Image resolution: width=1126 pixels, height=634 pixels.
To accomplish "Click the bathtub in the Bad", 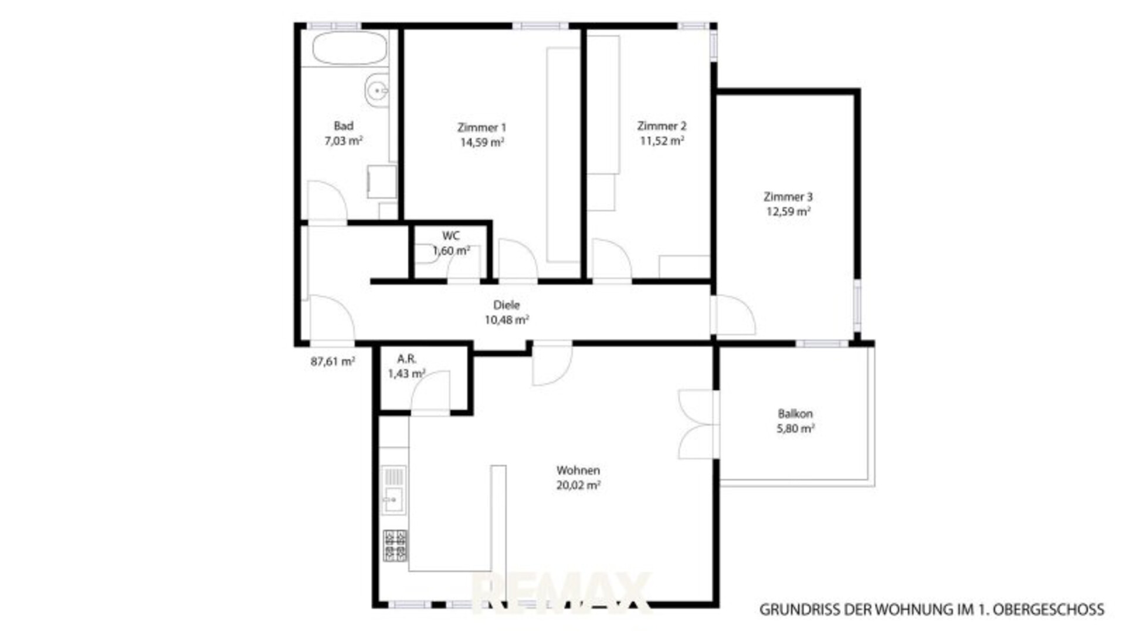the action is pyautogui.click(x=350, y=48).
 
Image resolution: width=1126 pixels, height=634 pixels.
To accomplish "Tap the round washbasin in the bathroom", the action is pyautogui.click(x=377, y=91).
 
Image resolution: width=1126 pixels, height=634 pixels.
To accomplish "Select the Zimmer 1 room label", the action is pyautogui.click(x=481, y=127).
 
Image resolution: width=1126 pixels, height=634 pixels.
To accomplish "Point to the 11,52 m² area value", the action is pyautogui.click(x=662, y=141).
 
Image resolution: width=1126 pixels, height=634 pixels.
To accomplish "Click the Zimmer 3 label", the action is pyautogui.click(x=788, y=197).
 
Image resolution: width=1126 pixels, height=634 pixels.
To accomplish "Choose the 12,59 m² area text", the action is pyautogui.click(x=788, y=211).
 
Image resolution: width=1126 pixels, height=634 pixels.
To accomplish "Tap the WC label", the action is pyautogui.click(x=451, y=236).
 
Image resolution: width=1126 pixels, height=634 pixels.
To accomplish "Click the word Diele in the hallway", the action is pyautogui.click(x=507, y=305).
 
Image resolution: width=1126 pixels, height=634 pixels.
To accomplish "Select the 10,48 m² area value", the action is pyautogui.click(x=507, y=320).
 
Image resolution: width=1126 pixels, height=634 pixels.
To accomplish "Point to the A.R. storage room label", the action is pyautogui.click(x=406, y=359).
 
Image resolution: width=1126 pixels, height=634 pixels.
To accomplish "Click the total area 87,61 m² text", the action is pyautogui.click(x=333, y=362).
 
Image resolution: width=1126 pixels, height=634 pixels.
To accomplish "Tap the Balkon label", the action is pyautogui.click(x=795, y=414).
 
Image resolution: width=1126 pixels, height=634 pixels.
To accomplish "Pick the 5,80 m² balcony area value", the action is pyautogui.click(x=795, y=429).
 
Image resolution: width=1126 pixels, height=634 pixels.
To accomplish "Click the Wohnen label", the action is pyautogui.click(x=578, y=470).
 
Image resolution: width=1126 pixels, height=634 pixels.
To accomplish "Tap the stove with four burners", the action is pyautogui.click(x=395, y=545).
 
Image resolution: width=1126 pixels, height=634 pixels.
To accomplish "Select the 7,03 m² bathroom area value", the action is pyautogui.click(x=344, y=141).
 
